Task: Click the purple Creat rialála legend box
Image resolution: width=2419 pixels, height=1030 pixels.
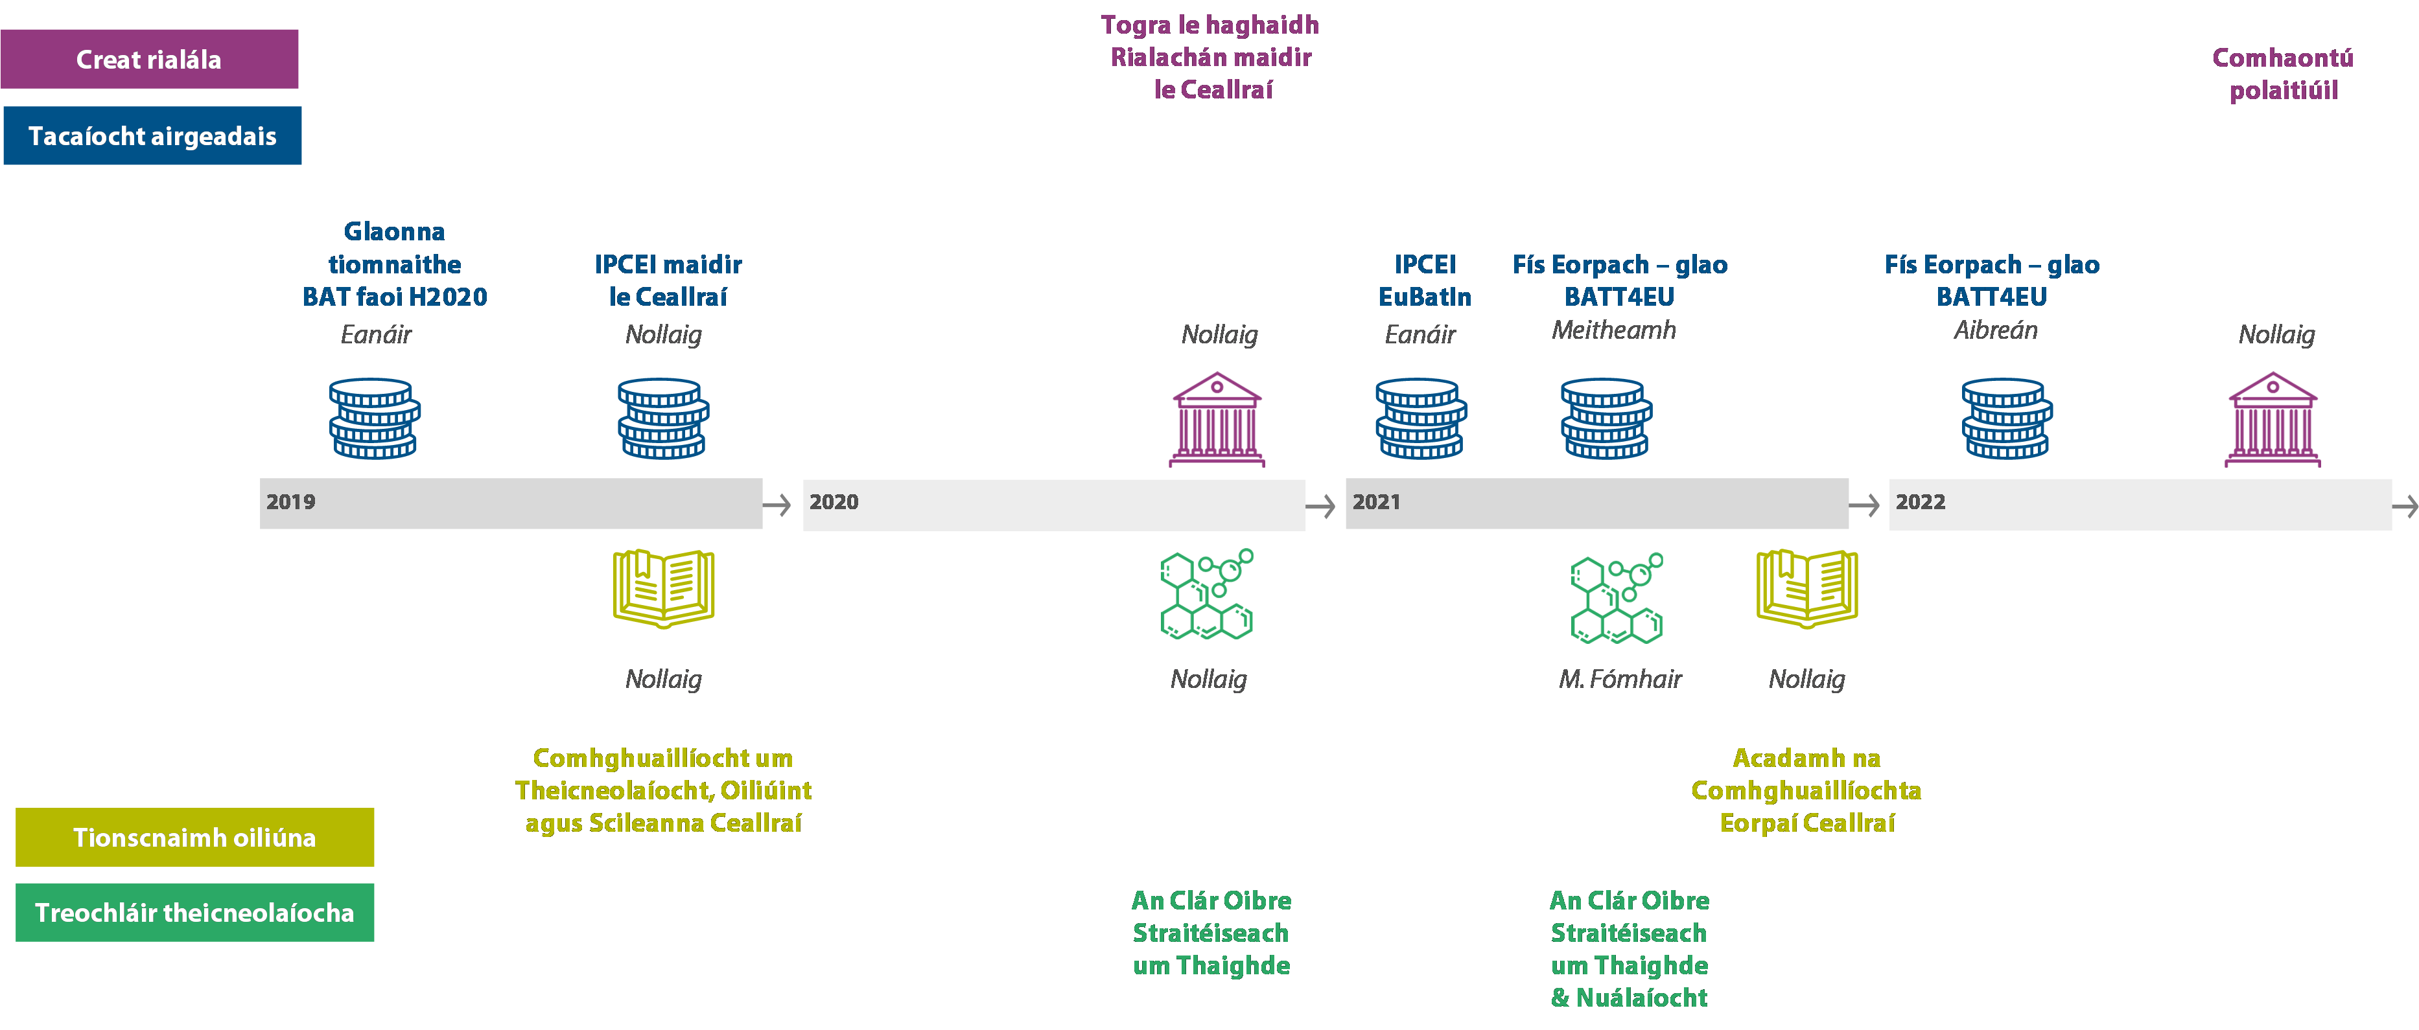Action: pyautogui.click(x=149, y=59)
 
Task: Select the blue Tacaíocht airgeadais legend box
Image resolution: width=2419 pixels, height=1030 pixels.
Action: pyautogui.click(x=152, y=135)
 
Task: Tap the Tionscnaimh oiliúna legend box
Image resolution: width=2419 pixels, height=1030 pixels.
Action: pyautogui.click(x=194, y=836)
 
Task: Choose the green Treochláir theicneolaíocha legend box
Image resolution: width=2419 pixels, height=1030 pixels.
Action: pyautogui.click(x=194, y=911)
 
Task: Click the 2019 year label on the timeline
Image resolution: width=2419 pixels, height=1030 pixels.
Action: pyautogui.click(x=290, y=502)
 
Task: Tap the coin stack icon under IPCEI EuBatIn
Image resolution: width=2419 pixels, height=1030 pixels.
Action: pyautogui.click(x=1421, y=418)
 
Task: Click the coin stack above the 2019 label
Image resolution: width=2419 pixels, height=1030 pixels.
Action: pyautogui.click(x=375, y=418)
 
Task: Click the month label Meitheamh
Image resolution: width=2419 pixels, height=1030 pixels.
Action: pyautogui.click(x=1613, y=330)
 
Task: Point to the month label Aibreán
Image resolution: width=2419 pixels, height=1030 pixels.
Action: pyautogui.click(x=1996, y=330)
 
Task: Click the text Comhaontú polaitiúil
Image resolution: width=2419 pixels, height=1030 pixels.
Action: pyautogui.click(x=2283, y=74)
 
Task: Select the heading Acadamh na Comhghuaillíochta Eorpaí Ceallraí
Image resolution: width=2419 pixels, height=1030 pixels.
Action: pyautogui.click(x=1806, y=790)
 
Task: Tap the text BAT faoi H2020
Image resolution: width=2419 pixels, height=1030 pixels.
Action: pyautogui.click(x=394, y=297)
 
